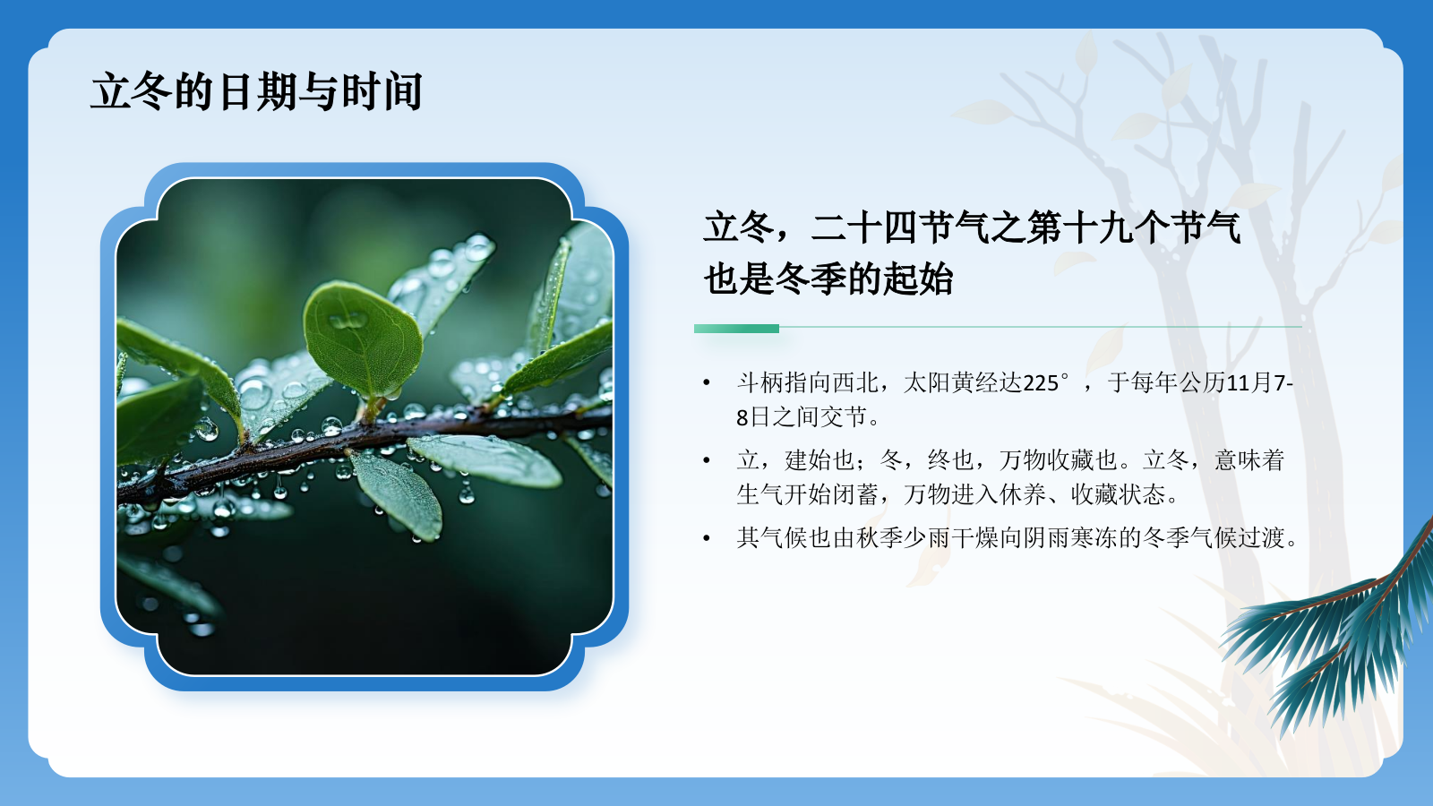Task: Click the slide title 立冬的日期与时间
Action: [256, 91]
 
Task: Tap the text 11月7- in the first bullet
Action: [1259, 383]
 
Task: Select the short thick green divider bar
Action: [736, 329]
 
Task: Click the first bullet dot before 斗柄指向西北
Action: [707, 384]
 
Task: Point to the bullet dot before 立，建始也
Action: [707, 461]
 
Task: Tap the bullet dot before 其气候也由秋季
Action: [707, 538]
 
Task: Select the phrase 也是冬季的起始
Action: [828, 279]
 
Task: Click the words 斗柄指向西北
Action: [807, 383]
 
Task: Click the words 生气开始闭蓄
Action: [807, 494]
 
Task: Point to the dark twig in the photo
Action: [358, 439]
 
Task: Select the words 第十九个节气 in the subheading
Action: [1133, 227]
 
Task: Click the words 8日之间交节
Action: [802, 417]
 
